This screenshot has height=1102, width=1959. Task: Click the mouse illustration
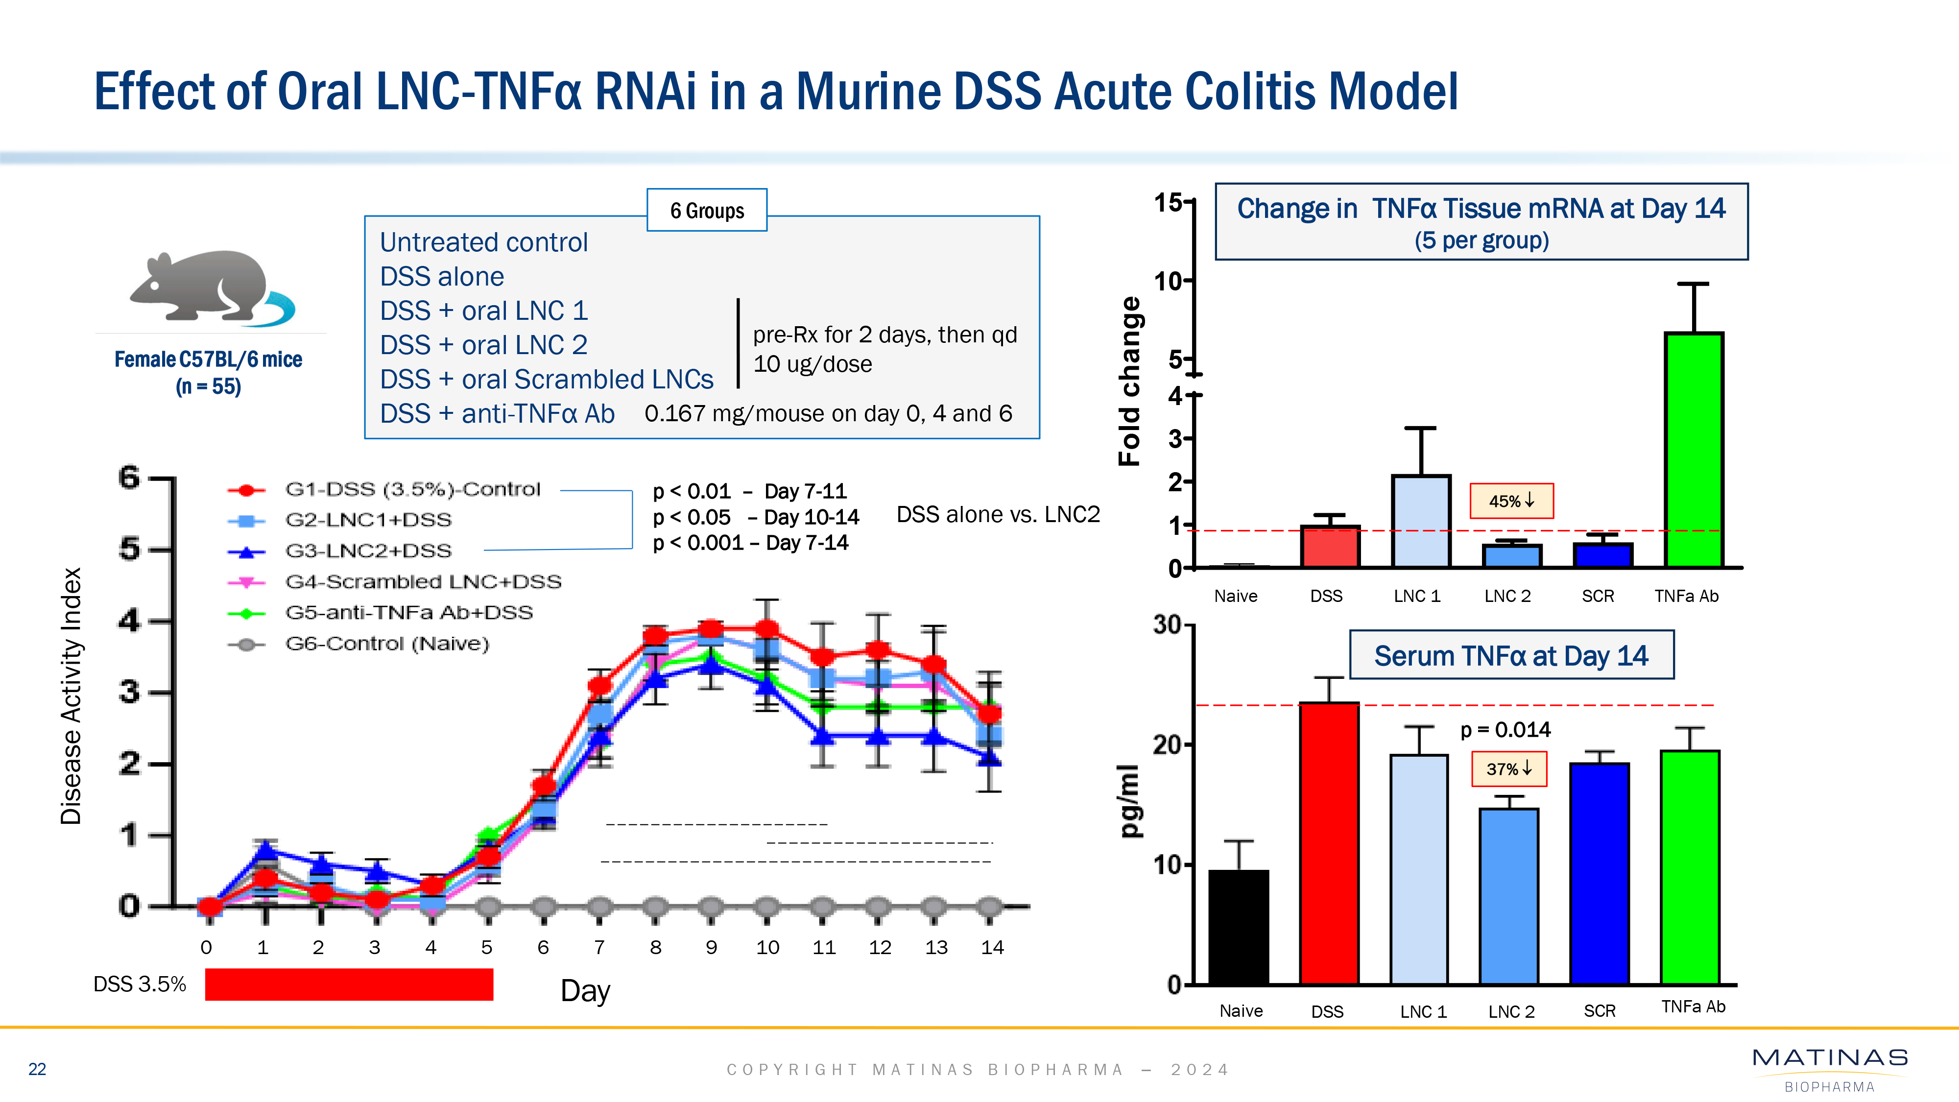(x=209, y=287)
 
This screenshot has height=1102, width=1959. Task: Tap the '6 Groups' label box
(x=707, y=211)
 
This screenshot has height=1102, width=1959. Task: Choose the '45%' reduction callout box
(x=1511, y=501)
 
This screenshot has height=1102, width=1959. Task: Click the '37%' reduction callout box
(x=1509, y=769)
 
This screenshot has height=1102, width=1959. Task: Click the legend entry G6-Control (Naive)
(x=386, y=644)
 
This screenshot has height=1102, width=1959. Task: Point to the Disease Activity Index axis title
(x=71, y=696)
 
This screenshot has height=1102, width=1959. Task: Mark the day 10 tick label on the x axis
(x=767, y=948)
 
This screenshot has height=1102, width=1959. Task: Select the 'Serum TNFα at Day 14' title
(x=1510, y=656)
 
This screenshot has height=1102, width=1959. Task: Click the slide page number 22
(x=37, y=1069)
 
